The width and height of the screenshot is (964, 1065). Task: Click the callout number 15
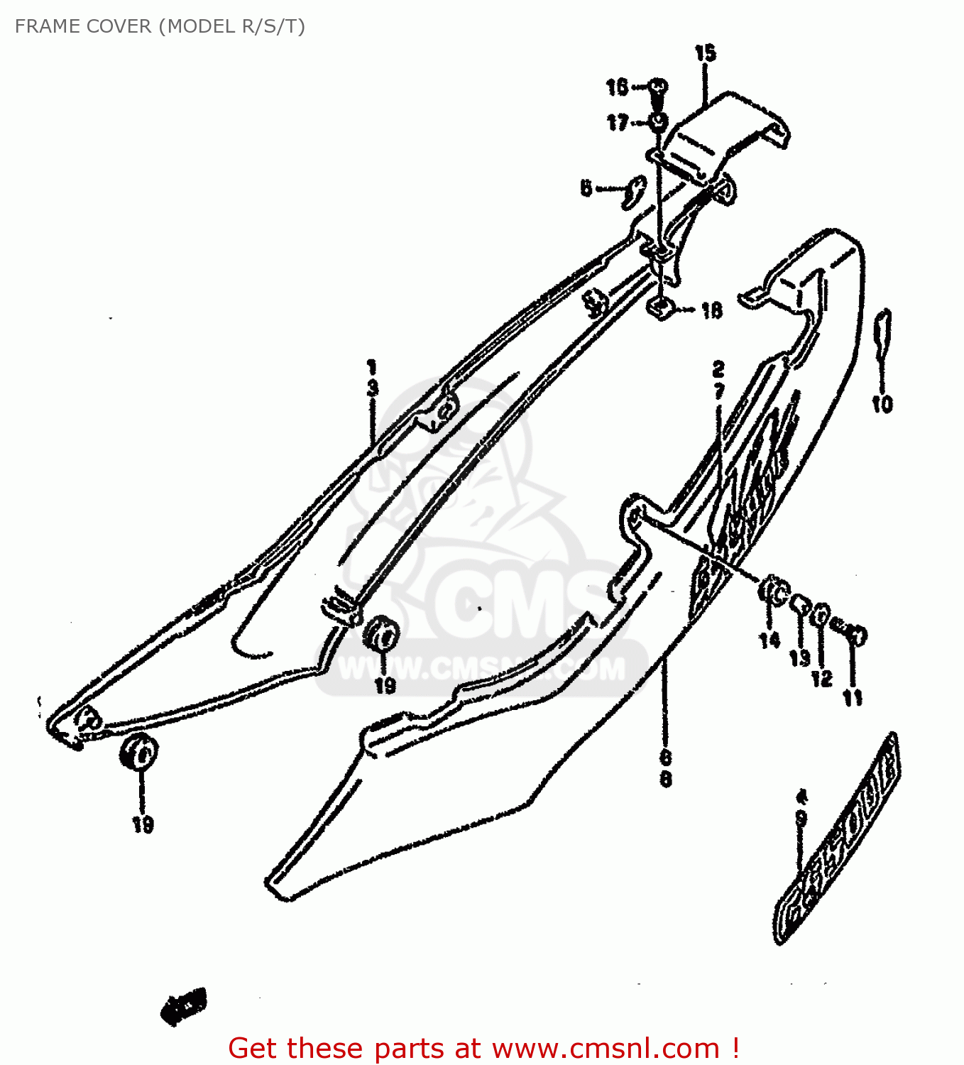(x=705, y=53)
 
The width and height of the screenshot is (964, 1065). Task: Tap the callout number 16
(x=617, y=87)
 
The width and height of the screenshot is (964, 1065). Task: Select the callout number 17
(x=617, y=123)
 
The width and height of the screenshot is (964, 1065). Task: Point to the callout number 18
(x=711, y=310)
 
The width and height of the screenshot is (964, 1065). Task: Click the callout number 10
(x=882, y=404)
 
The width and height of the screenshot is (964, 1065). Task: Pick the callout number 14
(x=769, y=640)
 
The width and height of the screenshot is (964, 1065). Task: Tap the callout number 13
(x=799, y=657)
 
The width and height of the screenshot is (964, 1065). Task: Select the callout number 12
(x=821, y=679)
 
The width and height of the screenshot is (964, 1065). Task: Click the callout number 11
(x=853, y=698)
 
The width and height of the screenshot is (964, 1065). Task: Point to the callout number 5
(x=586, y=188)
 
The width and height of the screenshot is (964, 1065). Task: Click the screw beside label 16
(x=659, y=88)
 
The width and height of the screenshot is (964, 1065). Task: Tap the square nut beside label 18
(x=662, y=308)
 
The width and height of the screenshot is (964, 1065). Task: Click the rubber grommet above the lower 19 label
(x=140, y=751)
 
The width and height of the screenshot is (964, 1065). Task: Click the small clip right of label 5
(x=631, y=191)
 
